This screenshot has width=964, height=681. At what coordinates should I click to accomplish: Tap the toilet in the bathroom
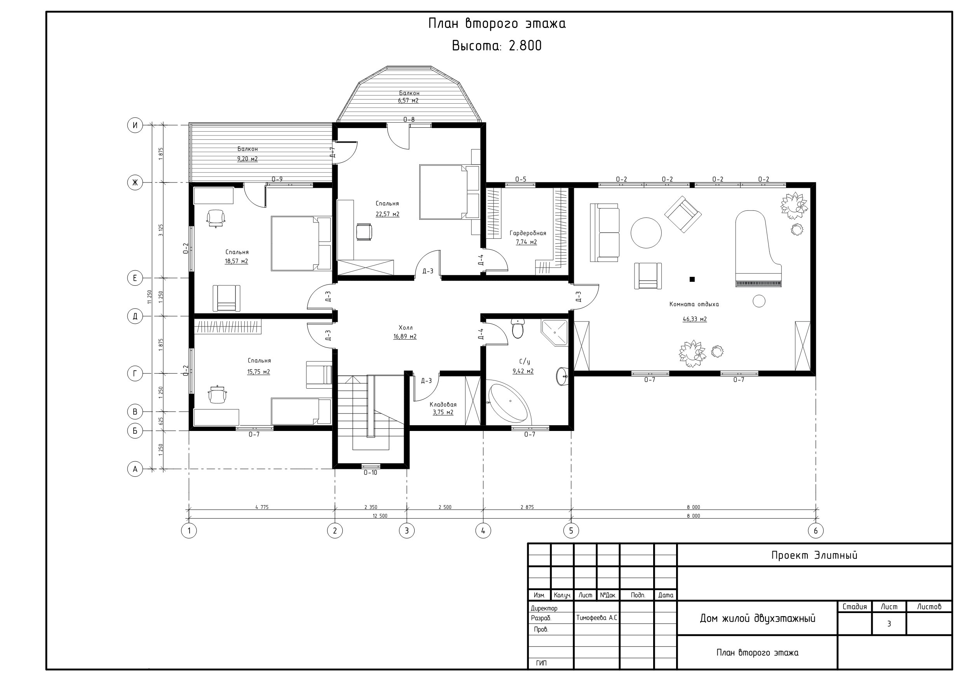518,328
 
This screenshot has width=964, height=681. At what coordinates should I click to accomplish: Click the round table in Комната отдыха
646,233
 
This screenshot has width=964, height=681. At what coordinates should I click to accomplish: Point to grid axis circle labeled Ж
135,182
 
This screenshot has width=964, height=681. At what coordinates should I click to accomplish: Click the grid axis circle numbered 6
815,531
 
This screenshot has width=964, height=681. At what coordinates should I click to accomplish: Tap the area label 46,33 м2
694,319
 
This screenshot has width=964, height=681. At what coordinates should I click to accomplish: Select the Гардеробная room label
528,233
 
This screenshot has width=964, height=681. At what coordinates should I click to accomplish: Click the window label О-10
370,473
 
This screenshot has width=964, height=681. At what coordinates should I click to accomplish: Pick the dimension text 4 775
261,507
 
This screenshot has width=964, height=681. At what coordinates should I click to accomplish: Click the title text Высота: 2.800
497,45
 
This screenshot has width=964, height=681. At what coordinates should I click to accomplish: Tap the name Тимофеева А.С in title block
596,618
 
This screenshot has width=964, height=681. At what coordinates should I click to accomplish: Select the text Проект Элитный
814,555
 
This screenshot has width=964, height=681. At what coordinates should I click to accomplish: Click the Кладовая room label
443,405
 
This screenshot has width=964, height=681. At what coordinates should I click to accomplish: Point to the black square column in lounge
692,279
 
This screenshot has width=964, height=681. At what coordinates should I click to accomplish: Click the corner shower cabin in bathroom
554,333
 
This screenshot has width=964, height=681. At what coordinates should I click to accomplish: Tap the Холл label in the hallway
406,327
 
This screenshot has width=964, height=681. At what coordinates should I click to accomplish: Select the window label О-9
277,179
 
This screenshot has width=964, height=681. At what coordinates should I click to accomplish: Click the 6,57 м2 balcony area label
408,101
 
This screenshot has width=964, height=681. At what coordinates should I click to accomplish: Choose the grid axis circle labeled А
135,469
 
